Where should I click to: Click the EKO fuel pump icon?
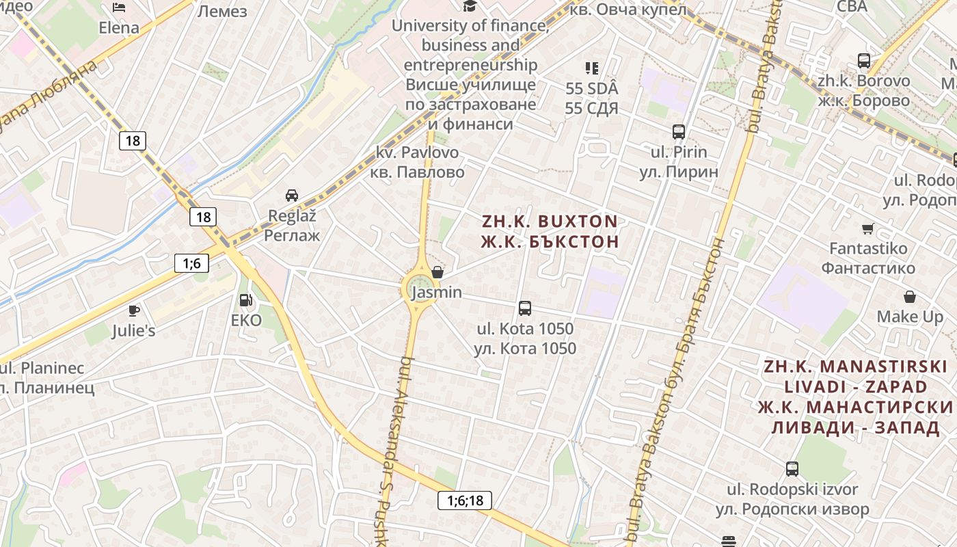click(245, 299)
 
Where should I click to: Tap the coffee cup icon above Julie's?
click(134, 310)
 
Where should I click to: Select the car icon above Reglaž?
click(292, 195)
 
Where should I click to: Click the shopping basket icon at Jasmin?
click(437, 272)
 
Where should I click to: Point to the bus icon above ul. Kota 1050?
click(525, 308)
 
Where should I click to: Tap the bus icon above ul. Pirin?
click(679, 132)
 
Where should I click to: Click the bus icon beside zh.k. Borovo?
click(864, 61)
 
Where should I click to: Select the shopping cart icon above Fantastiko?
click(868, 228)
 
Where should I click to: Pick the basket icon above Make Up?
click(910, 297)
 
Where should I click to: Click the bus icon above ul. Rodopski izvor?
click(792, 469)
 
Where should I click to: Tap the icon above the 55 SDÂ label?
click(592, 68)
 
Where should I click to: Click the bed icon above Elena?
click(119, 8)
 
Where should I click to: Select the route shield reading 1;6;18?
click(465, 501)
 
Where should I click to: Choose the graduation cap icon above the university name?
click(470, 6)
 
